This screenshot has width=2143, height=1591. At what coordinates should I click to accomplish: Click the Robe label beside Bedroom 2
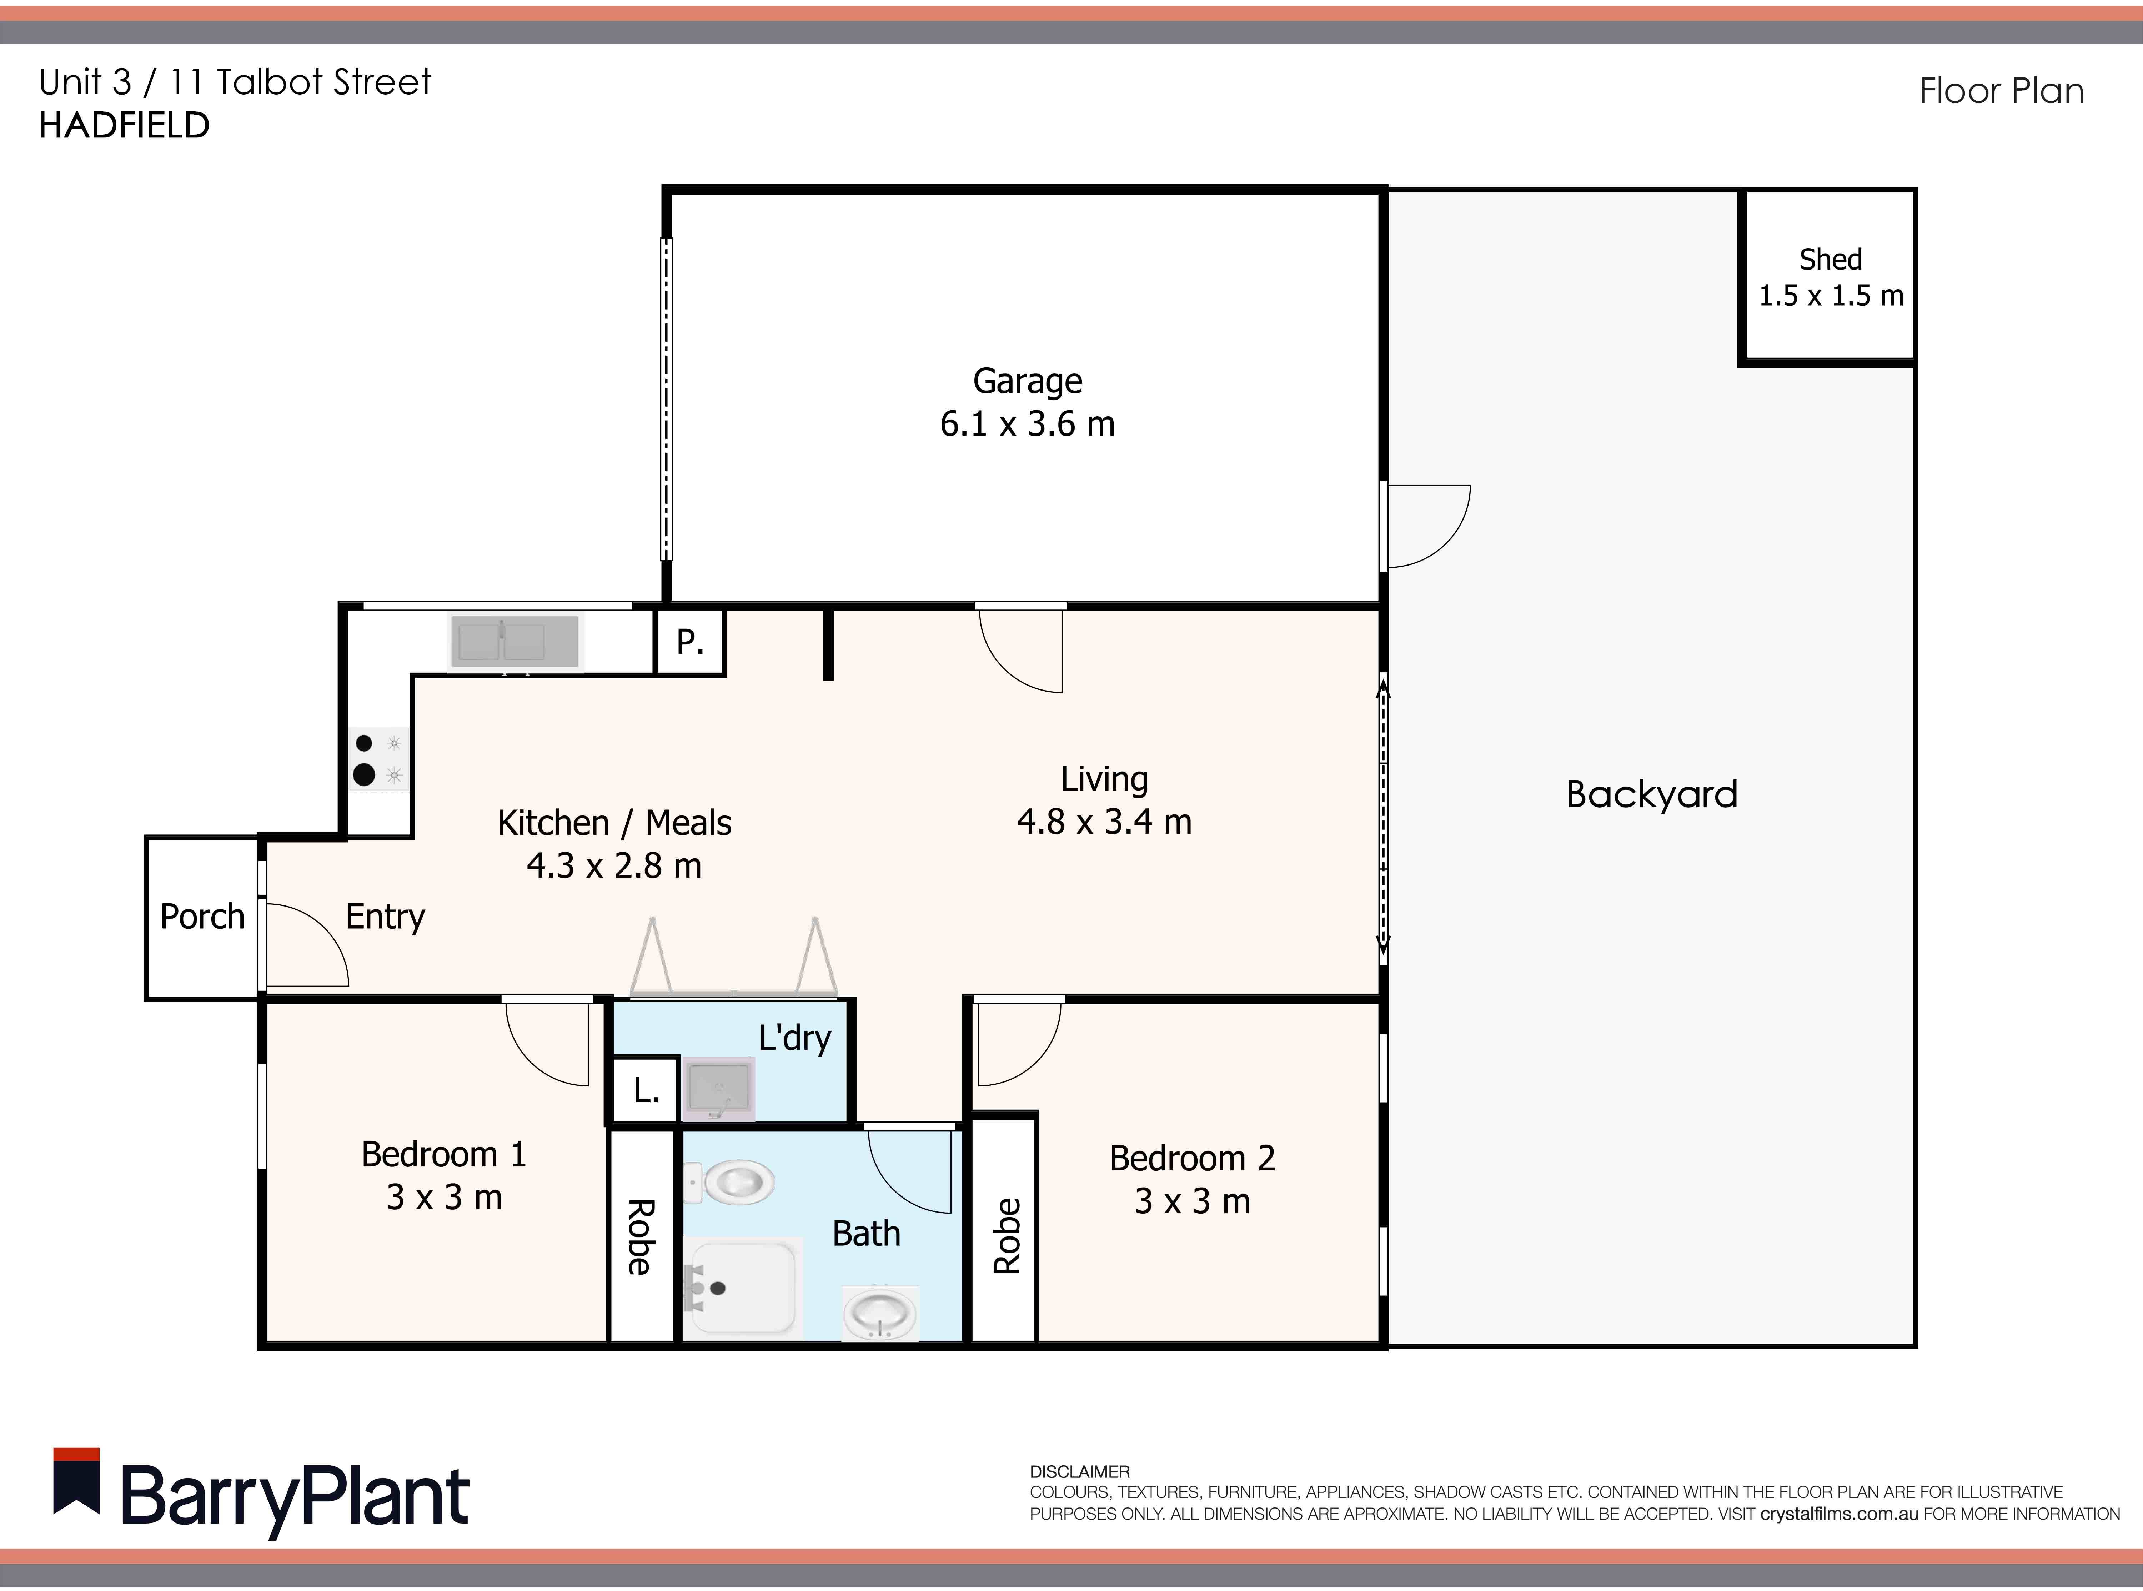click(x=1005, y=1236)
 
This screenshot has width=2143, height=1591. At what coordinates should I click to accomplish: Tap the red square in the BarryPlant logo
click(x=76, y=1454)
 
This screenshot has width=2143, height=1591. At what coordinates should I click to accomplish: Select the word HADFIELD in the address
click(x=124, y=125)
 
